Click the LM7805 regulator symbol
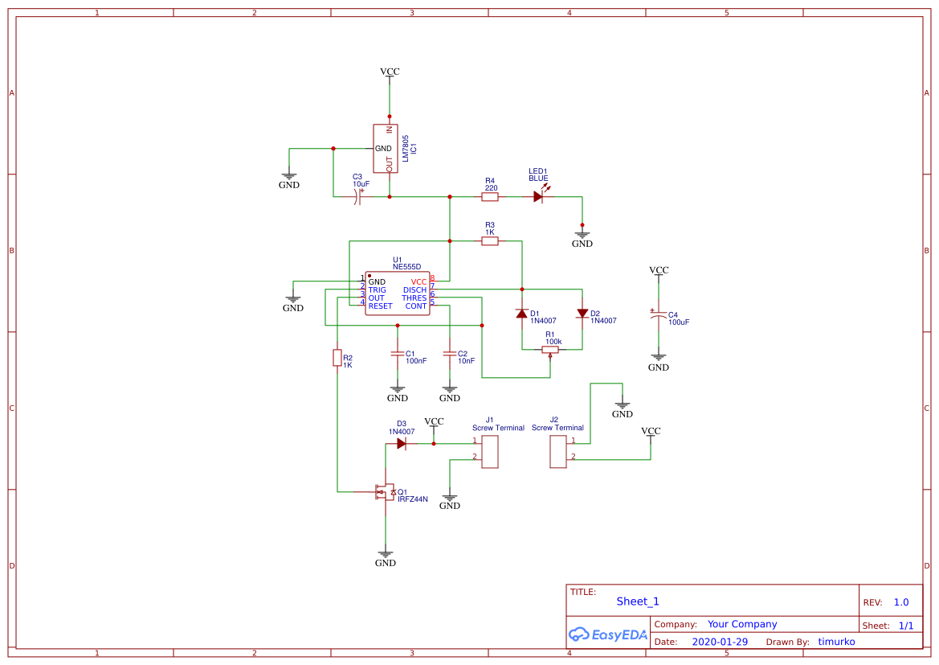pyautogui.click(x=386, y=149)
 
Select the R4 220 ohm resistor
pyautogui.click(x=490, y=196)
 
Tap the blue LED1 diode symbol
pyautogui.click(x=538, y=196)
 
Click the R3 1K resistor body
pyautogui.click(x=490, y=240)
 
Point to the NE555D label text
pyautogui.click(x=406, y=266)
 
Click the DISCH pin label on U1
pyautogui.click(x=414, y=289)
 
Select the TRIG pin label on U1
pyautogui.click(x=377, y=289)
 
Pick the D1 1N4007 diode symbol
pyautogui.click(x=522, y=314)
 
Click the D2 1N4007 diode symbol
pyautogui.click(x=582, y=314)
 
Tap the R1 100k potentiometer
pyautogui.click(x=551, y=350)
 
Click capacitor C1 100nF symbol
pyautogui.click(x=397, y=354)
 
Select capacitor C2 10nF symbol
pyautogui.click(x=450, y=354)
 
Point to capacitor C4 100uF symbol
pyautogui.click(x=659, y=317)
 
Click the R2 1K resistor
pyautogui.click(x=337, y=358)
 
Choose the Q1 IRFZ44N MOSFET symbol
pyautogui.click(x=383, y=491)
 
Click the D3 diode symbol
pyautogui.click(x=402, y=443)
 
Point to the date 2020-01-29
pyautogui.click(x=720, y=642)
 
